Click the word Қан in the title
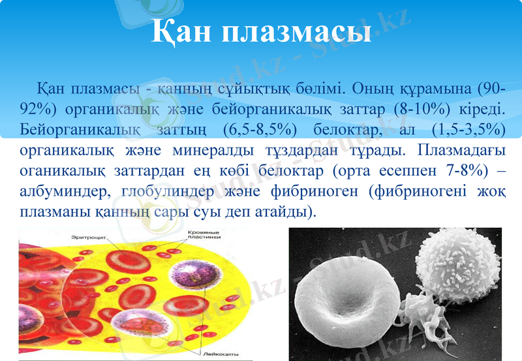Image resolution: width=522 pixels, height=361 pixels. pyautogui.click(x=180, y=31)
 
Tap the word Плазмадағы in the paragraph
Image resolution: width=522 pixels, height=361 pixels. pyautogui.click(x=457, y=149)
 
